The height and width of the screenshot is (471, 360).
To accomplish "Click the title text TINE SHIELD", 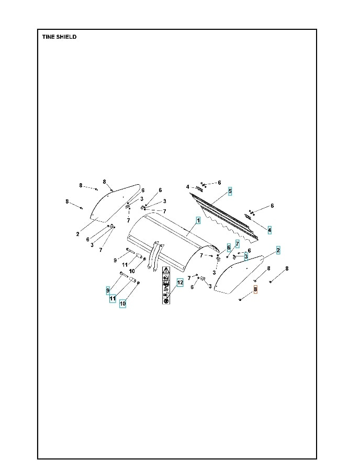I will [59, 37].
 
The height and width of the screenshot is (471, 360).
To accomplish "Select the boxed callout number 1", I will [198, 221].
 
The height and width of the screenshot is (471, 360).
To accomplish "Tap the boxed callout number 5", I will [230, 192].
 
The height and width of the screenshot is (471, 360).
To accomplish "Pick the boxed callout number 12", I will [179, 283].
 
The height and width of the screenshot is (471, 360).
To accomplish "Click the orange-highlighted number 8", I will [255, 289].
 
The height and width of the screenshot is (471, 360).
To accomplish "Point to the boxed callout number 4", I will [269, 230].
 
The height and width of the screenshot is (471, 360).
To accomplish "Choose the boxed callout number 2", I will [278, 251].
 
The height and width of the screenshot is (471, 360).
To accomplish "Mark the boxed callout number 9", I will [108, 290].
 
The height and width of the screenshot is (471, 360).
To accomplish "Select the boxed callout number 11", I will [113, 299].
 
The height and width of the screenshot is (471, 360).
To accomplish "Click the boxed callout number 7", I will [237, 244].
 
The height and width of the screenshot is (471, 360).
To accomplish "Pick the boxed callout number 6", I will [229, 247].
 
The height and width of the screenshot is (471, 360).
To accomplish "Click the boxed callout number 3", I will [245, 256].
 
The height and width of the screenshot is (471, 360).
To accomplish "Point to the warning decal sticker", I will [166, 285].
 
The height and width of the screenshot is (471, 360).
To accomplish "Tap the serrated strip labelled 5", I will [225, 217].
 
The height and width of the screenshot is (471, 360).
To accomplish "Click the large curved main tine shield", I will [173, 235].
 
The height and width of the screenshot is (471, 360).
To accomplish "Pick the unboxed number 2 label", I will [77, 234].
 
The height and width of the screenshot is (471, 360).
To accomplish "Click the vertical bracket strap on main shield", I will [152, 256].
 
